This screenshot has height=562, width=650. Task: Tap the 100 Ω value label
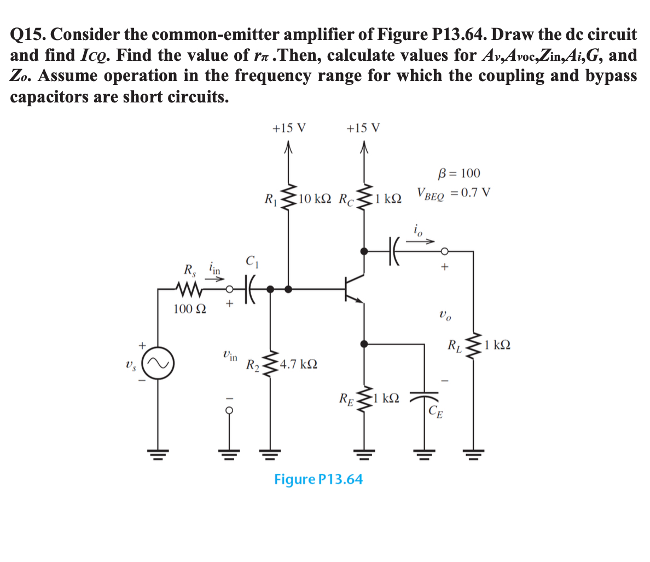[x=189, y=309]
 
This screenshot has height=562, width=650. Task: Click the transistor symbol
[x=353, y=288]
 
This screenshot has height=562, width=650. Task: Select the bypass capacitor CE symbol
[x=425, y=396]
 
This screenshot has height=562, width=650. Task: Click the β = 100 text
[x=460, y=174]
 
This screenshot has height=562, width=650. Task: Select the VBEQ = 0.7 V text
[x=453, y=193]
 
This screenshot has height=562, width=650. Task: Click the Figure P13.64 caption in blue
[x=318, y=479]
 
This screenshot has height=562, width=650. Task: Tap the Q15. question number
[x=28, y=35]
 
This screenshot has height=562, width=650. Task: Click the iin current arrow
[x=214, y=278]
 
